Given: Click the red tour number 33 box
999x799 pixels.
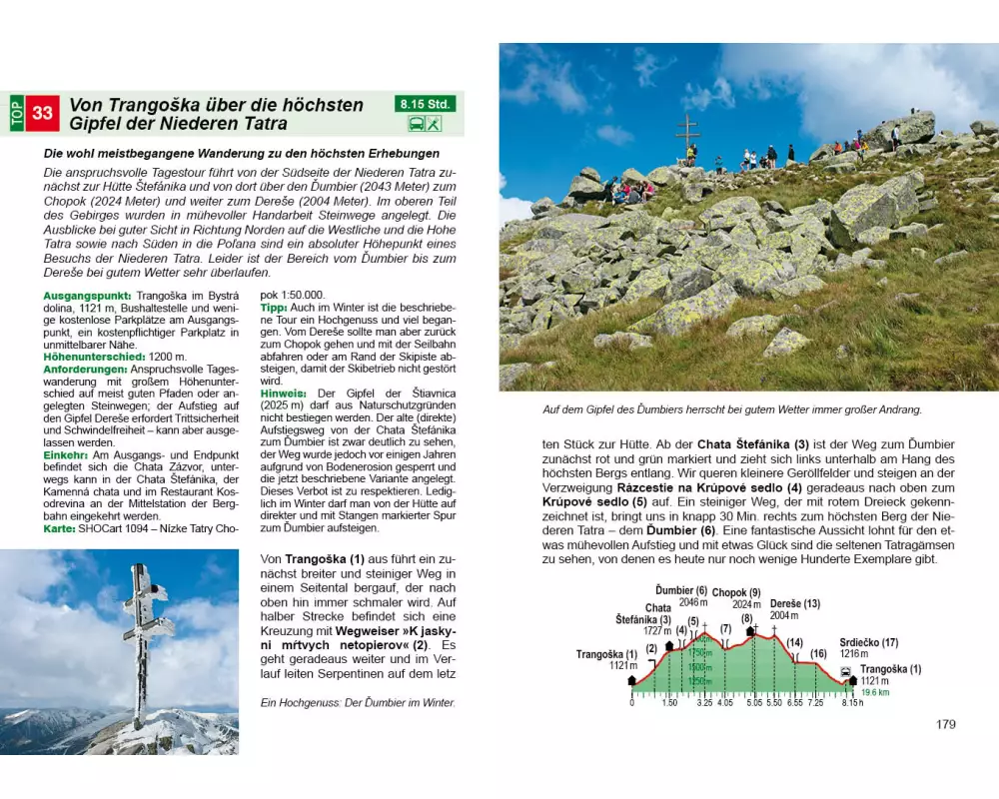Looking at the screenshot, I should click(x=43, y=113).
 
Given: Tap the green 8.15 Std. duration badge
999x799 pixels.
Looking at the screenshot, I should click(x=425, y=103).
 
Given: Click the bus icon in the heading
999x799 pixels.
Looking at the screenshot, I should click(x=415, y=124).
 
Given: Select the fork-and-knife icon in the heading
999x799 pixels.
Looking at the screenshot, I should click(x=434, y=124).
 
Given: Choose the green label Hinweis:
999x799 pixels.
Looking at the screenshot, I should click(x=282, y=392).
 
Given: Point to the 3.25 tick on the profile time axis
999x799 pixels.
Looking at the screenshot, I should click(x=704, y=703).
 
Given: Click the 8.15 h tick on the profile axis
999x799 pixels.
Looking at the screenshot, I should click(x=852, y=703).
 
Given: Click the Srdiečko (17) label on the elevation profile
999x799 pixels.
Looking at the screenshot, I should click(x=867, y=641).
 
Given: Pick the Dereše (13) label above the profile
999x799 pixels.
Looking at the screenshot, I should click(x=795, y=603).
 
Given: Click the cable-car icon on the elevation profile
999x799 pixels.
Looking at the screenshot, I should click(x=846, y=671).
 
